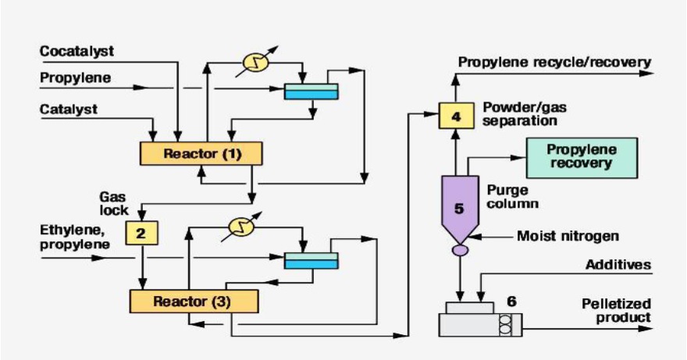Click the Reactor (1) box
[x=201, y=153]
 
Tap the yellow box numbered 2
[x=142, y=231]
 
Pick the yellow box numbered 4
[x=456, y=116]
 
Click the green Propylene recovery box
[x=582, y=157]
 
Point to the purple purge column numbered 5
[x=459, y=205]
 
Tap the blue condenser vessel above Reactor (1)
[x=311, y=91]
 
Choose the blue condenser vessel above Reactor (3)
[x=311, y=260]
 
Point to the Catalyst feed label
[x=69, y=109]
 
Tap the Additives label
[x=618, y=265]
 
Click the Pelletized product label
[x=617, y=310]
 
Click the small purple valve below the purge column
[x=459, y=250]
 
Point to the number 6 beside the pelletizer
[x=511, y=299]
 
